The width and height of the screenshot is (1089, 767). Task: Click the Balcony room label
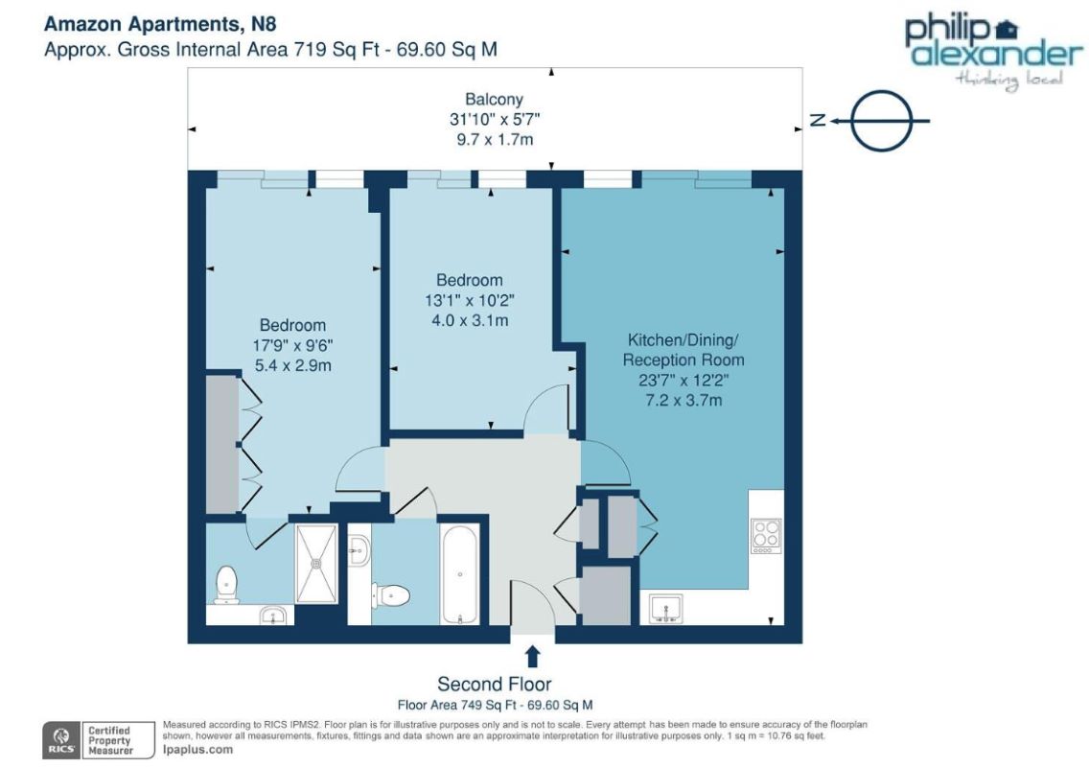(x=494, y=100)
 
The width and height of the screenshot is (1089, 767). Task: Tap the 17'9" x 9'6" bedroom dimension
(x=292, y=345)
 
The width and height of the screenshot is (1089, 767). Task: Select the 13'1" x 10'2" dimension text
(x=470, y=301)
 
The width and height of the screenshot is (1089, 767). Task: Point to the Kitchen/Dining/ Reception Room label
(x=684, y=350)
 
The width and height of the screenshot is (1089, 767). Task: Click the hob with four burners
(x=766, y=536)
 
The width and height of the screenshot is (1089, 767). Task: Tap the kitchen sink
(x=666, y=609)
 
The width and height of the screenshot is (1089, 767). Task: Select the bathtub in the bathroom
(x=460, y=574)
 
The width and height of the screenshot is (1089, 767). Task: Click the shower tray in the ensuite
(x=316, y=564)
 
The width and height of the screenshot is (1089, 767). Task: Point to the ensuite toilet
(x=226, y=584)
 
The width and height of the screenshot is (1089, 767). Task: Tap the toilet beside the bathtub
(x=391, y=595)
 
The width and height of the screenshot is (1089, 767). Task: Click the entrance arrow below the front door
(x=533, y=656)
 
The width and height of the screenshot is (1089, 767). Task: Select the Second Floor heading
(x=495, y=684)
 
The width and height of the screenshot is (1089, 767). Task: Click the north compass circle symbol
(x=881, y=120)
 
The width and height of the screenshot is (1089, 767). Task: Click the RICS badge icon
(x=61, y=740)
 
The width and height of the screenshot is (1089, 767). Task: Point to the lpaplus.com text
(x=197, y=749)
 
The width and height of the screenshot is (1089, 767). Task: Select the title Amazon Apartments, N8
(x=160, y=24)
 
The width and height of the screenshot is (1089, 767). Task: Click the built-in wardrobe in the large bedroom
(x=223, y=445)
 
